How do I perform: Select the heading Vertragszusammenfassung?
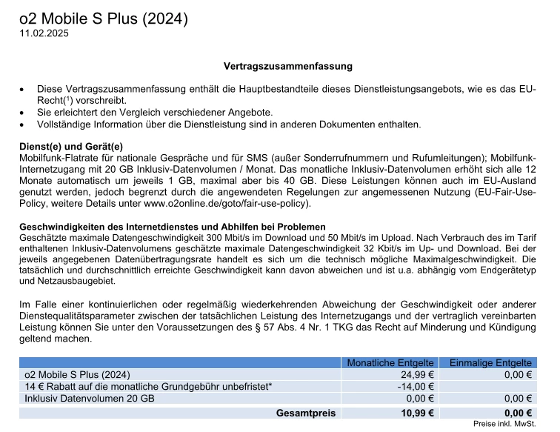coord(288,66)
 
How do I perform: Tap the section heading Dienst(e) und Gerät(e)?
coord(70,147)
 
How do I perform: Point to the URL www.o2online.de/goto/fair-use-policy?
coord(227,204)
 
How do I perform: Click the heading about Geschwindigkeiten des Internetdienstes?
coord(172,226)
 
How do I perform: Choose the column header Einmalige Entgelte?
coord(486,362)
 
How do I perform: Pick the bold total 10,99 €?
coord(417,413)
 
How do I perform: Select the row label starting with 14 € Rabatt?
coord(148,386)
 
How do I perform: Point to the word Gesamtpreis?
coord(305,413)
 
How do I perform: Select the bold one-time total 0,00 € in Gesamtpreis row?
coord(519,413)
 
